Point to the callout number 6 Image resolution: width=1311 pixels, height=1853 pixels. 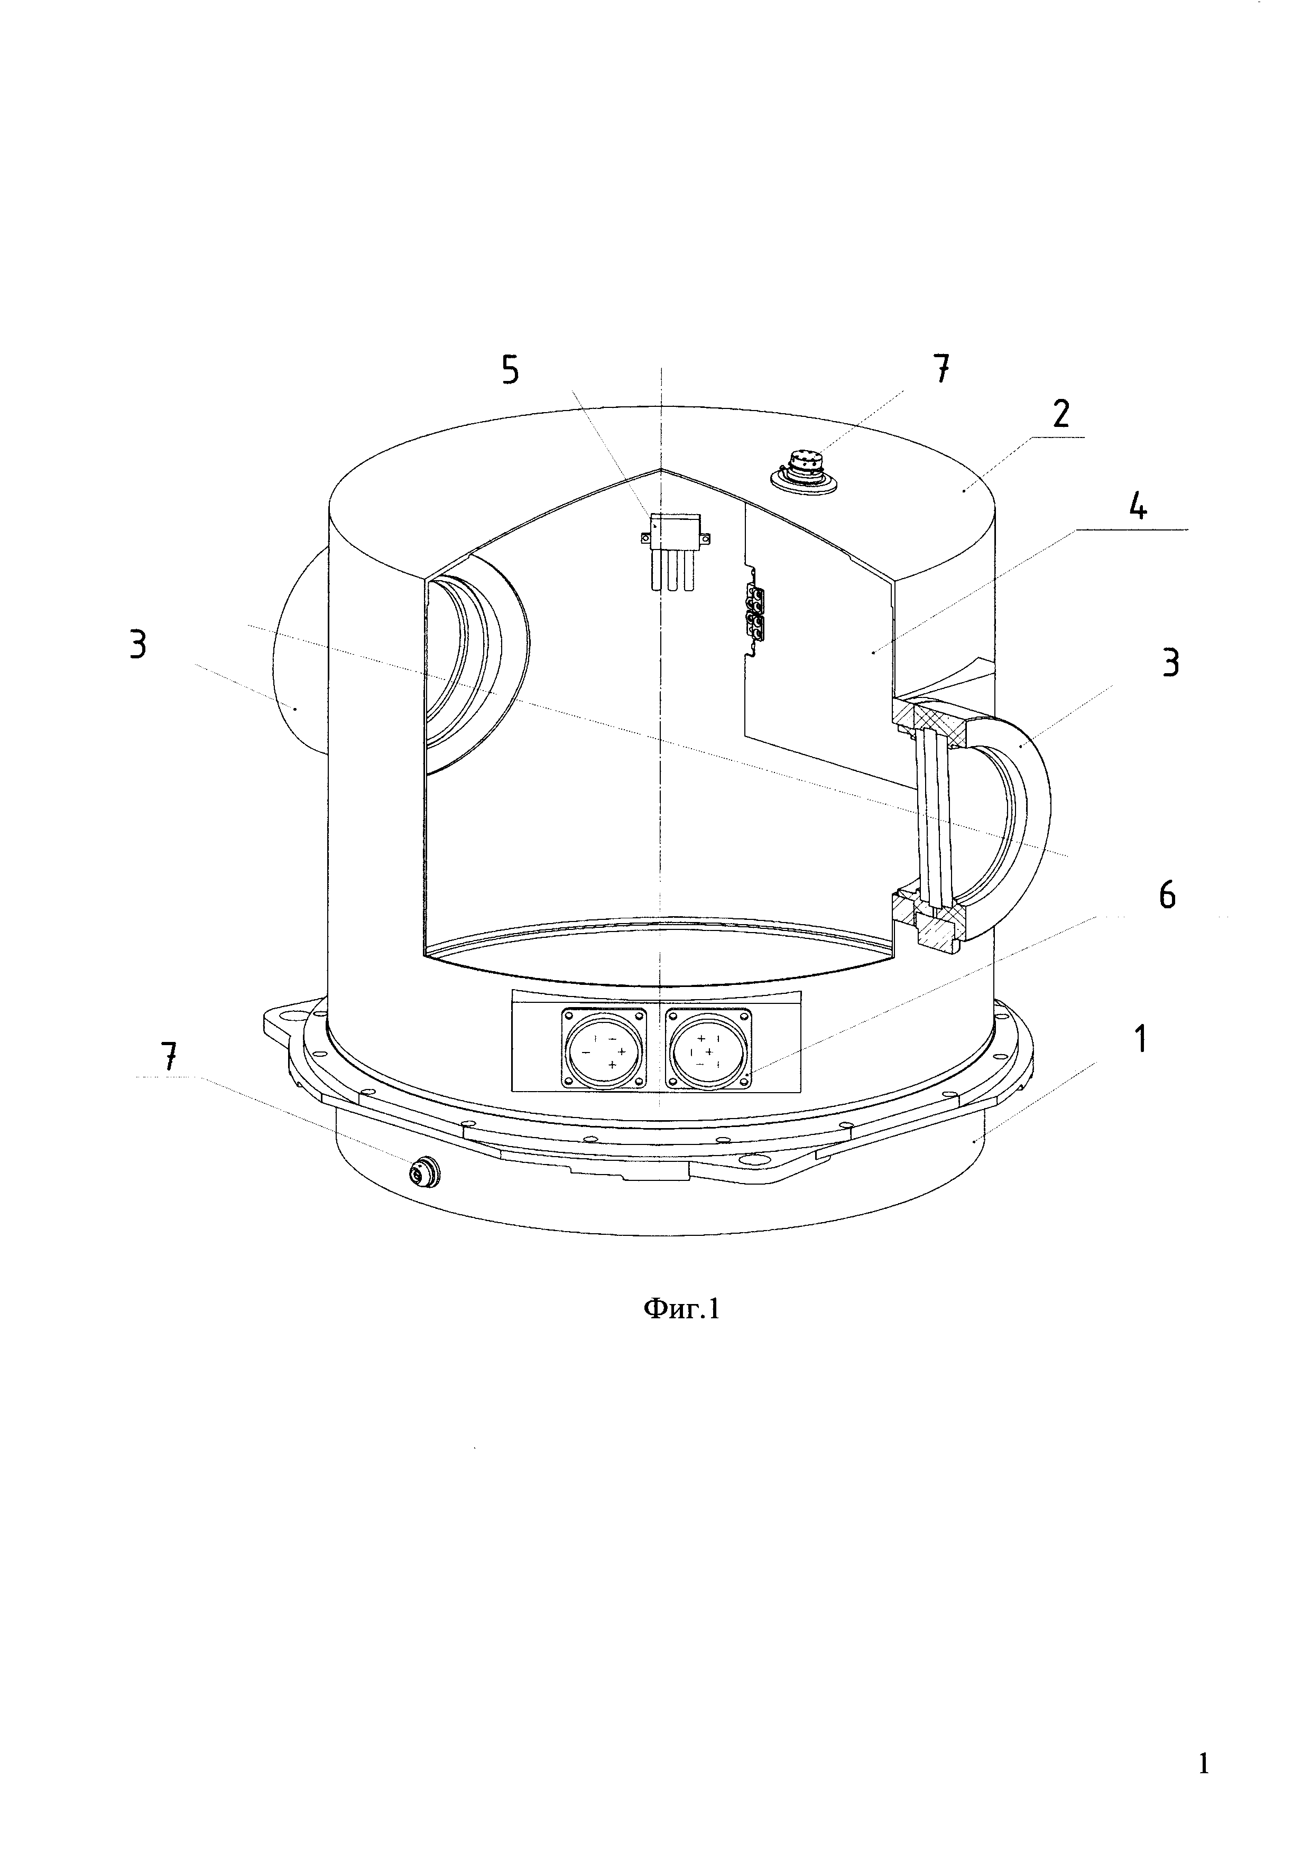tap(1167, 896)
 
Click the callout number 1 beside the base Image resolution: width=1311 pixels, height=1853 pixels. tap(1140, 1040)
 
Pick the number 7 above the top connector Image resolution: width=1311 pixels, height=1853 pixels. tap(941, 370)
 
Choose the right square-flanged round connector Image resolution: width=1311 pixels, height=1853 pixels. tap(708, 1048)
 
